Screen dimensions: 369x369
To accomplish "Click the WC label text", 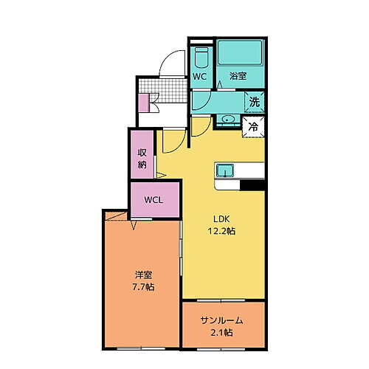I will [x=199, y=76].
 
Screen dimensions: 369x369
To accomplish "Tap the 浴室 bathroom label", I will [x=237, y=76].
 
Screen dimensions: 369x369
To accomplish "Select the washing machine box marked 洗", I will [x=254, y=102].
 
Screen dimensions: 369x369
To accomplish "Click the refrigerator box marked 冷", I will [x=253, y=126].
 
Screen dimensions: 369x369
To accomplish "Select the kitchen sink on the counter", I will [x=225, y=171].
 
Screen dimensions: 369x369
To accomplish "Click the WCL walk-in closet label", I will [x=155, y=200].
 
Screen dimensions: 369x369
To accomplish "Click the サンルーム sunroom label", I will [x=221, y=320].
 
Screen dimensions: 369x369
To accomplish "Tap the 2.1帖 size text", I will [x=221, y=333].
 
